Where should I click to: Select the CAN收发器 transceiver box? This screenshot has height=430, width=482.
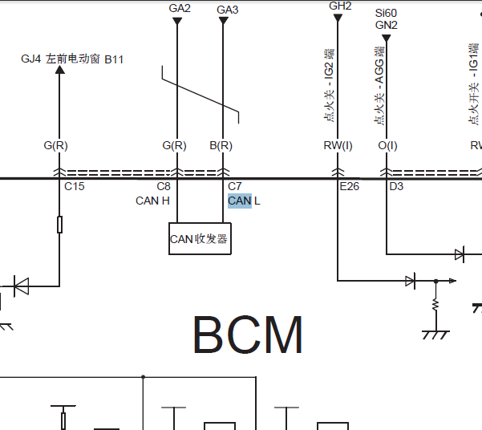pyautogui.click(x=200, y=239)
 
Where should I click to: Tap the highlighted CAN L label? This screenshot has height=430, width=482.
pyautogui.click(x=244, y=201)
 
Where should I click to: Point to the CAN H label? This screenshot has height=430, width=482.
pyautogui.click(x=152, y=201)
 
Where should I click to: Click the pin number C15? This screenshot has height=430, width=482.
pyautogui.click(x=75, y=186)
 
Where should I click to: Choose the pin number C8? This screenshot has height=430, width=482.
pyautogui.click(x=164, y=186)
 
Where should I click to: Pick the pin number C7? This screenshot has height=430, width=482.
pyautogui.click(x=235, y=186)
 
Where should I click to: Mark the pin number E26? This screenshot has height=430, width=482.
pyautogui.click(x=350, y=186)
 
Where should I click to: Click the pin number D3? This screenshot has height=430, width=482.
pyautogui.click(x=396, y=186)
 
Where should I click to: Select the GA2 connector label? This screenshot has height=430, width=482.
pyautogui.click(x=180, y=8)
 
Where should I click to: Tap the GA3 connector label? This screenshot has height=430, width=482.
pyautogui.click(x=228, y=10)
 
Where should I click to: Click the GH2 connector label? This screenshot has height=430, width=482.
pyautogui.click(x=341, y=6)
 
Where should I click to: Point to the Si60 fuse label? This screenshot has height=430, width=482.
pyautogui.click(x=387, y=14)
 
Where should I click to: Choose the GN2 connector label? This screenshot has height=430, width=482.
pyautogui.click(x=387, y=25)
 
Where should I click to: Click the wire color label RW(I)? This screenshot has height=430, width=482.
pyautogui.click(x=338, y=146)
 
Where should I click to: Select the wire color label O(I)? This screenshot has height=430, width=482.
pyautogui.click(x=387, y=146)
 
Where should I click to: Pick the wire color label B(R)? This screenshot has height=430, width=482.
pyautogui.click(x=221, y=146)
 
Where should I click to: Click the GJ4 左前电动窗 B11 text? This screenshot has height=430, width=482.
pyautogui.click(x=72, y=59)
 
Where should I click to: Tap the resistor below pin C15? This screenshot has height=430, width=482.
pyautogui.click(x=60, y=225)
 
